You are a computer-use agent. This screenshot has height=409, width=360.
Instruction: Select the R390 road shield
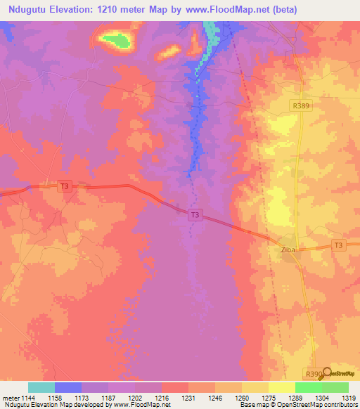tap(314, 372)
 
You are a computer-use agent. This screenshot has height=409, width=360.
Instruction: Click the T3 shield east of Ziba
tap(339, 245)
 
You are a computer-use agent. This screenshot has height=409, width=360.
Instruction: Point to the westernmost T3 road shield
tap(65, 186)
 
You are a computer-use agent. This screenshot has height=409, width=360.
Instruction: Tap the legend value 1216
tap(162, 397)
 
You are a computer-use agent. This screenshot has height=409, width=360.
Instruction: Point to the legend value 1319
tap(347, 397)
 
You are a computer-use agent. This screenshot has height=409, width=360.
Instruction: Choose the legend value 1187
tap(109, 397)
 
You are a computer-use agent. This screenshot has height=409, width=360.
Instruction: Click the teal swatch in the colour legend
tap(41, 387)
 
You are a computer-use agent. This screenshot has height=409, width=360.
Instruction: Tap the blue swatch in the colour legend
tap(68, 387)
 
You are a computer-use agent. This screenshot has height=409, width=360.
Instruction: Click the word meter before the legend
tap(11, 397)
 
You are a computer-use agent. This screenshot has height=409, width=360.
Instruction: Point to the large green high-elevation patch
tap(116, 41)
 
